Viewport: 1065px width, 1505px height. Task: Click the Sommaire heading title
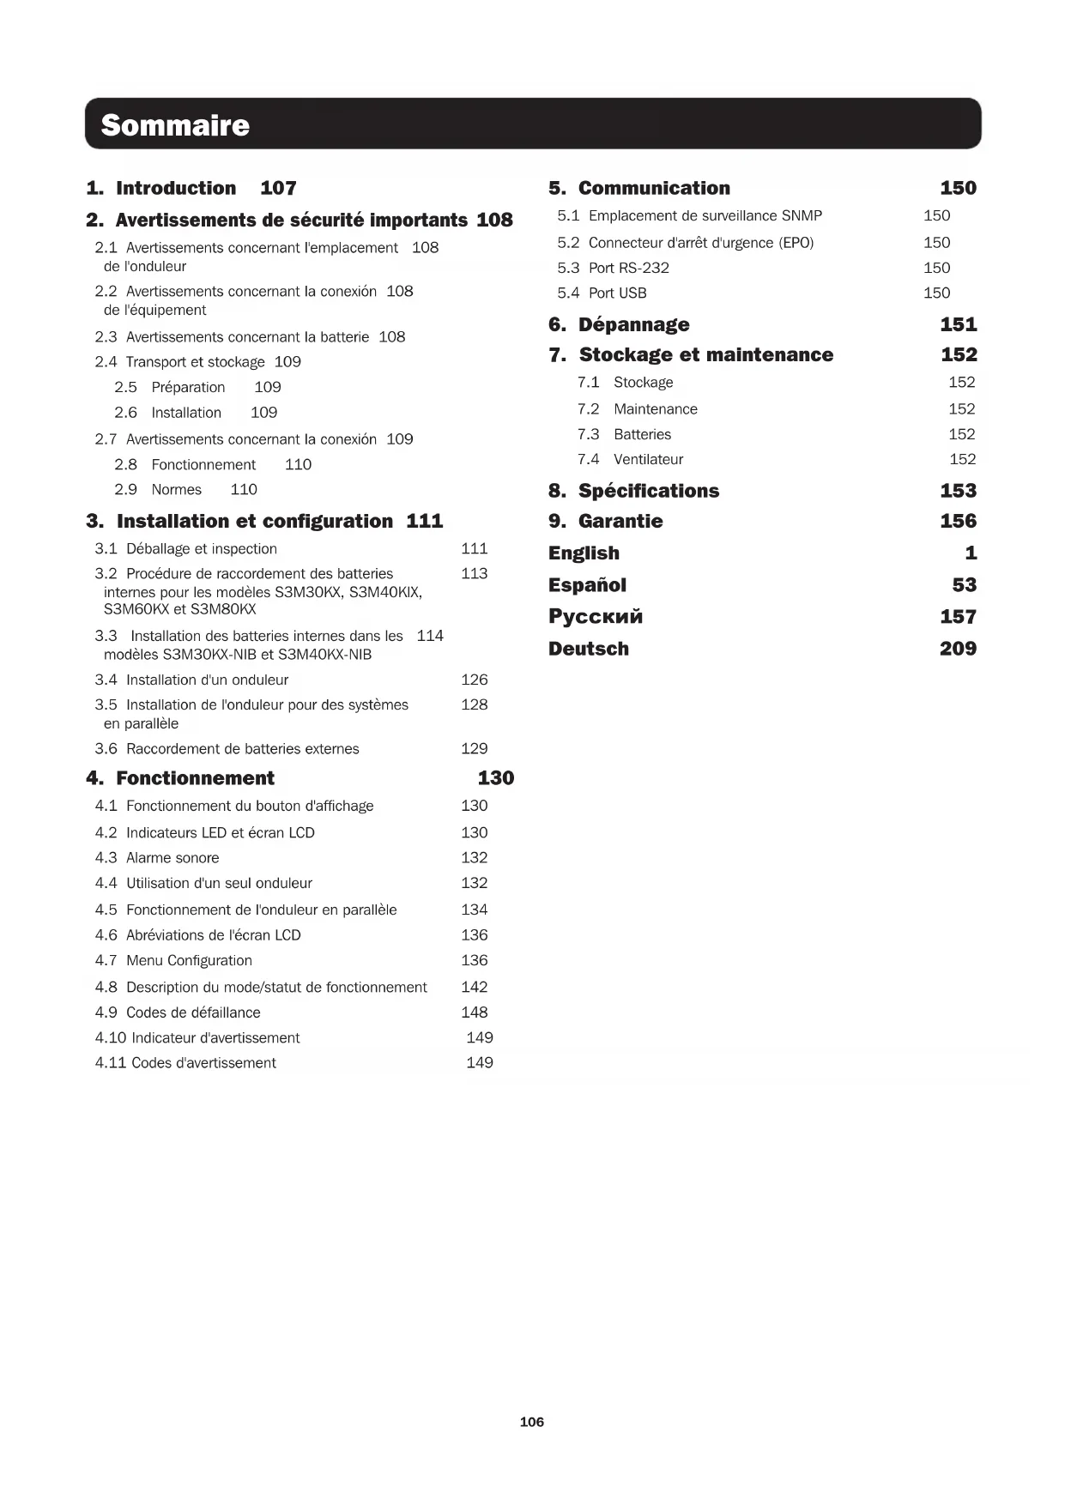pyautogui.click(x=175, y=125)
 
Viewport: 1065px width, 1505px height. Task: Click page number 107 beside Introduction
pyautogui.click(x=278, y=188)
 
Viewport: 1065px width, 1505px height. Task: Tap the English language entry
pyautogui.click(x=584, y=553)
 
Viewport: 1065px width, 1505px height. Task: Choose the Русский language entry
pyautogui.click(x=596, y=617)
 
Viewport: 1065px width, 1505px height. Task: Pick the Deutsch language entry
pyautogui.click(x=589, y=649)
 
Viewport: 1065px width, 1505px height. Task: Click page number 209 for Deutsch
pyautogui.click(x=958, y=649)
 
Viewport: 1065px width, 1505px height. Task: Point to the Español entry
pyautogui.click(x=587, y=585)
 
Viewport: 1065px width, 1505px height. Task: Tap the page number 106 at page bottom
pyautogui.click(x=532, y=1422)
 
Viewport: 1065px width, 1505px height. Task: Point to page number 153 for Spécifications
pyautogui.click(x=958, y=491)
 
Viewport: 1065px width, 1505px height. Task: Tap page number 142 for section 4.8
pyautogui.click(x=474, y=988)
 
